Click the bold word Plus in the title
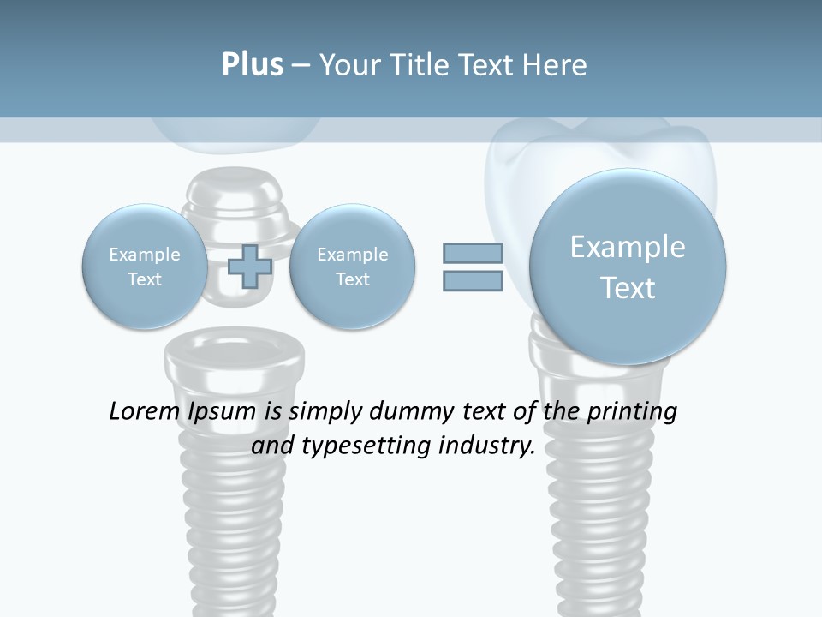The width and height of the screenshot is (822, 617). click(252, 64)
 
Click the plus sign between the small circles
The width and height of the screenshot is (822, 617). click(250, 266)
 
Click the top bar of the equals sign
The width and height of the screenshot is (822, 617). click(473, 253)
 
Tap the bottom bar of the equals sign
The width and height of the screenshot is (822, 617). click(473, 281)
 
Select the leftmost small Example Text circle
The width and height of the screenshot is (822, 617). click(144, 267)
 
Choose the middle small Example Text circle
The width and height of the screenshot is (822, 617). click(352, 267)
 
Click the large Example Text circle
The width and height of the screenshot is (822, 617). click(628, 267)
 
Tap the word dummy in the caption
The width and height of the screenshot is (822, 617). click(402, 412)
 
